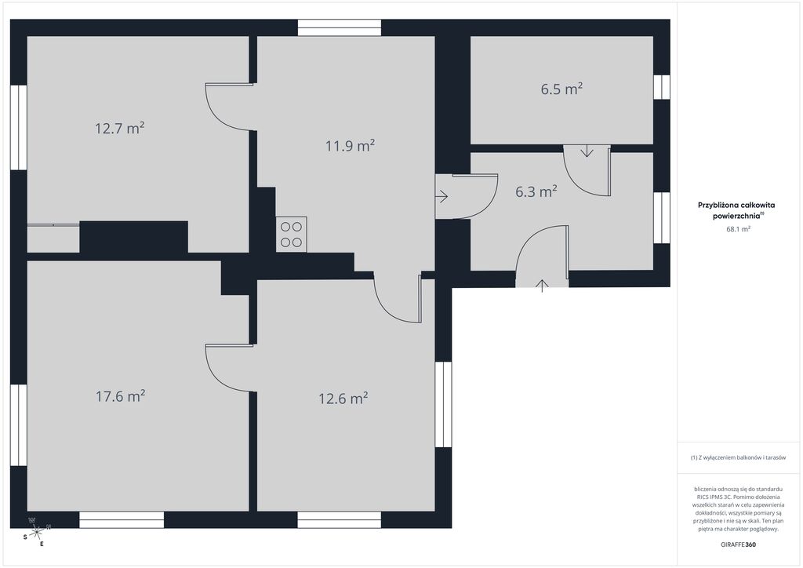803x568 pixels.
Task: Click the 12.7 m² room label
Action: tap(119, 128)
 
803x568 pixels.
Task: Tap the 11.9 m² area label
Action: tap(351, 145)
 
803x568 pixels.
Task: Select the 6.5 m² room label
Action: tap(561, 89)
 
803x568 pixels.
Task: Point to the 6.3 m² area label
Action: tap(536, 191)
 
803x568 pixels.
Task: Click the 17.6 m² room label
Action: tap(121, 396)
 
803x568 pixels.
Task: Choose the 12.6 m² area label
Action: tap(343, 398)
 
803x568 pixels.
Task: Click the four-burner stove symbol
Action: tap(292, 234)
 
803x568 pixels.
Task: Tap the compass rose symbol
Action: tap(36, 532)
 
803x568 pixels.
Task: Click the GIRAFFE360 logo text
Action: tap(738, 544)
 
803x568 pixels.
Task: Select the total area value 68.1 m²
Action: tap(738, 229)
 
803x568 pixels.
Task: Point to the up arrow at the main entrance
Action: tap(542, 286)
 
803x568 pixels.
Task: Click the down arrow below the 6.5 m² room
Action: tap(587, 151)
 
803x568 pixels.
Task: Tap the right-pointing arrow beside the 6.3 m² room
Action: tap(442, 196)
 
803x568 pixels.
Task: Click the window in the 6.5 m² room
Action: tap(662, 87)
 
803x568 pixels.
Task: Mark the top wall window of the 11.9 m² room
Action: tap(340, 27)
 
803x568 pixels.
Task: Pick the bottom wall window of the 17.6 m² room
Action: tap(122, 519)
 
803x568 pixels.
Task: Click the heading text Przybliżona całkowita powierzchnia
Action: tap(736, 210)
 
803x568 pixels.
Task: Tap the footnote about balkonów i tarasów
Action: tap(738, 457)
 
